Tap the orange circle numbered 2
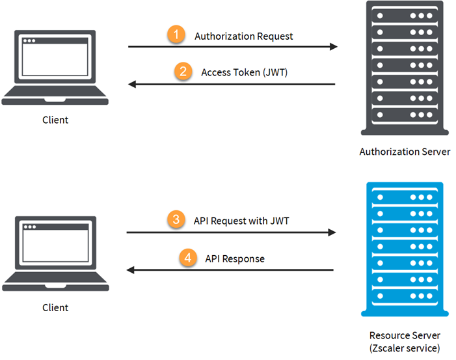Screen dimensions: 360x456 (183, 72)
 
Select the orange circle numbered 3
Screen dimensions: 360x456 (176, 221)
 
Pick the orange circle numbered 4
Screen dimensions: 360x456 (187, 258)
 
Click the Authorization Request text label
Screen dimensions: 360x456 (244, 36)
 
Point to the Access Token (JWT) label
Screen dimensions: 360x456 (244, 72)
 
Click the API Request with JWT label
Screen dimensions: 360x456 (241, 221)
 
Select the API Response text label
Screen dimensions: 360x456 (235, 258)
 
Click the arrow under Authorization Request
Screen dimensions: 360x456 (232, 47)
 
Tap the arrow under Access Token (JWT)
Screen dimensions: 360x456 (232, 84)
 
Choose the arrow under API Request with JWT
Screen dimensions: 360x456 (231, 232)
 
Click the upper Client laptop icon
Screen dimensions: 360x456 (55, 68)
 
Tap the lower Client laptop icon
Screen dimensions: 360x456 (55, 255)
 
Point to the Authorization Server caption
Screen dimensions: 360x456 (405, 152)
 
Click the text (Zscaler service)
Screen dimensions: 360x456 (405, 348)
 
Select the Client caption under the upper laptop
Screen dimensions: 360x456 (55, 120)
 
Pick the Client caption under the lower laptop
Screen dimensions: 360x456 (55, 307)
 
